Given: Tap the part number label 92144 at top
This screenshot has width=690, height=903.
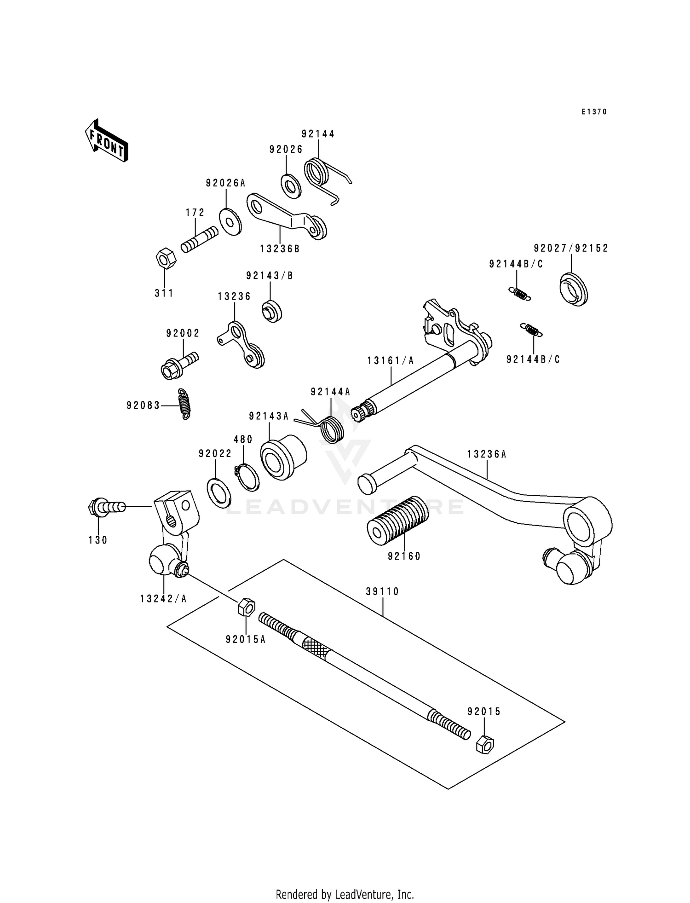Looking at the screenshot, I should (318, 134).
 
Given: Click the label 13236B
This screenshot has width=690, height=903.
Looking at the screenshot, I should (280, 249).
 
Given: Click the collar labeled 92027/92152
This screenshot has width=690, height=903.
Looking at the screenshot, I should (575, 289).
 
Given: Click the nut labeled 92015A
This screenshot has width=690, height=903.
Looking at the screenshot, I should (246, 608).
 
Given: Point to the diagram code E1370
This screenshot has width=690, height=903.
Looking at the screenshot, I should (594, 112).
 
